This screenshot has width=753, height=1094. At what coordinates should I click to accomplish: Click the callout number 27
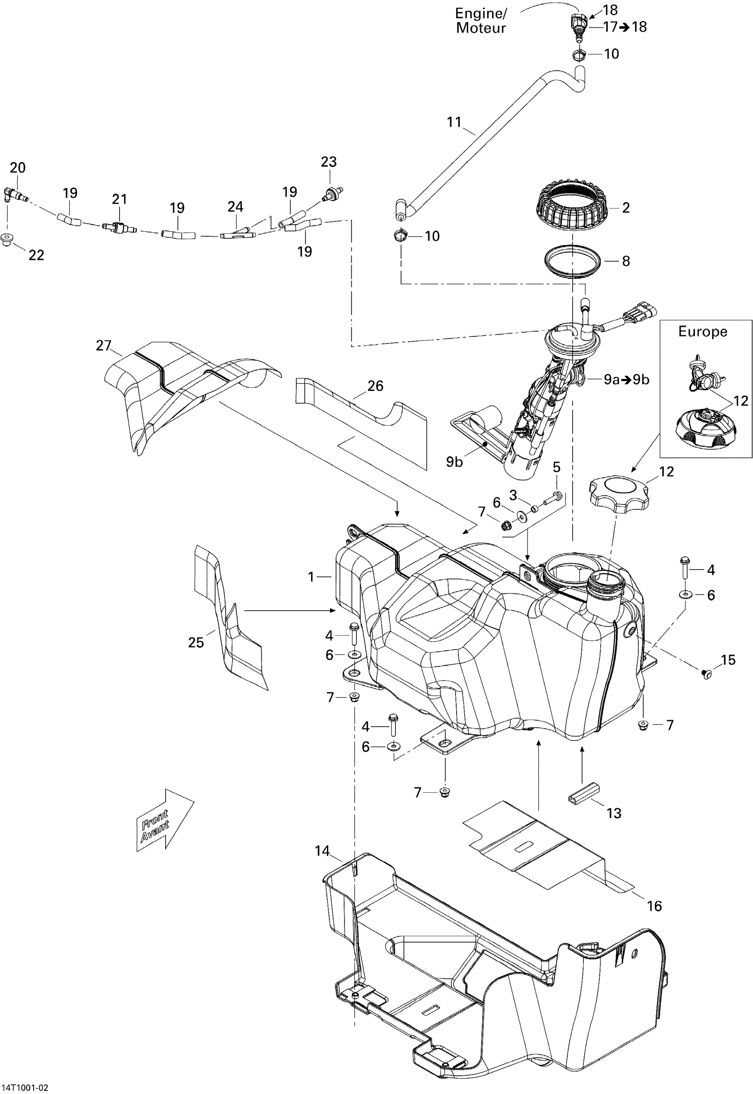coord(103,346)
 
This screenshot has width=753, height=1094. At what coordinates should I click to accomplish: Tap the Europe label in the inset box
coord(702,332)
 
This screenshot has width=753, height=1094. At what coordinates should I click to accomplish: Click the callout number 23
coord(329,162)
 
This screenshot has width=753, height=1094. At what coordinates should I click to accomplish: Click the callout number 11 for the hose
coord(454,122)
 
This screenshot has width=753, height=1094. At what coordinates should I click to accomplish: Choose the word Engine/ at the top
coord(480,13)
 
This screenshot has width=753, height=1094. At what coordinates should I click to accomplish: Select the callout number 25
coord(196,643)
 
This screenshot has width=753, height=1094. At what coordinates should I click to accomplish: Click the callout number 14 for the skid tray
coord(322,850)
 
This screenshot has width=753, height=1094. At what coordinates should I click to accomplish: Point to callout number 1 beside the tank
coord(311,577)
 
